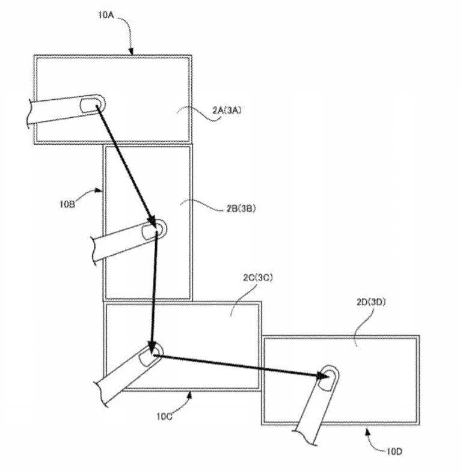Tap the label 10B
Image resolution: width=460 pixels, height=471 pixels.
pyautogui.click(x=67, y=205)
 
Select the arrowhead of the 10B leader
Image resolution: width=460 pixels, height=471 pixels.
pyautogui.click(x=102, y=190)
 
